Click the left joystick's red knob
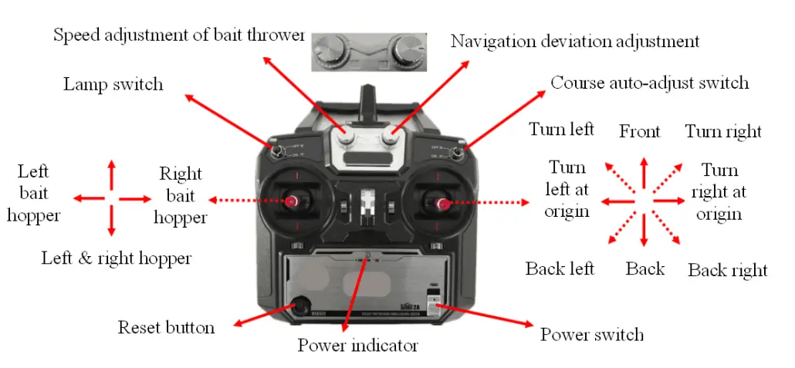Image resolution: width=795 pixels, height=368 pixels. click(x=293, y=201)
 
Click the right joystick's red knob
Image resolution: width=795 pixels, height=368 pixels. click(x=443, y=204)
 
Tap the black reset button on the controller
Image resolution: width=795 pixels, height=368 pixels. click(x=299, y=305)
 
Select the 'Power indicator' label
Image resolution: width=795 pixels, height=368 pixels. click(x=357, y=345)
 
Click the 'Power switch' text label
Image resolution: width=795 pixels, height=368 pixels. click(x=591, y=334)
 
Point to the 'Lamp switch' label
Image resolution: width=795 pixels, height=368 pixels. click(x=113, y=83)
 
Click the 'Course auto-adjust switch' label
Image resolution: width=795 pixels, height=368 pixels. click(x=649, y=82)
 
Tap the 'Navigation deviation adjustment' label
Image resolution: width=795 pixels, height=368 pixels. click(x=575, y=40)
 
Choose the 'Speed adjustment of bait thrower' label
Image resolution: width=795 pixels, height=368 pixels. click(x=179, y=35)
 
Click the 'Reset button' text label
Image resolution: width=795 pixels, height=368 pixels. click(x=166, y=327)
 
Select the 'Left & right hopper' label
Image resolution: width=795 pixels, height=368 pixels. click(x=116, y=258)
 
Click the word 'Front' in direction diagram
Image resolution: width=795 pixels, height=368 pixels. click(x=640, y=131)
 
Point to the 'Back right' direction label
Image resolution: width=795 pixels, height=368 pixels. click(x=727, y=270)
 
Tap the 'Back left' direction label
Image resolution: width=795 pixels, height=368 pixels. click(x=560, y=268)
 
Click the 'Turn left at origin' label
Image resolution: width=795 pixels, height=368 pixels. click(x=567, y=189)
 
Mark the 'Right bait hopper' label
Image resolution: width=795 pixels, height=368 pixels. click(x=181, y=195)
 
